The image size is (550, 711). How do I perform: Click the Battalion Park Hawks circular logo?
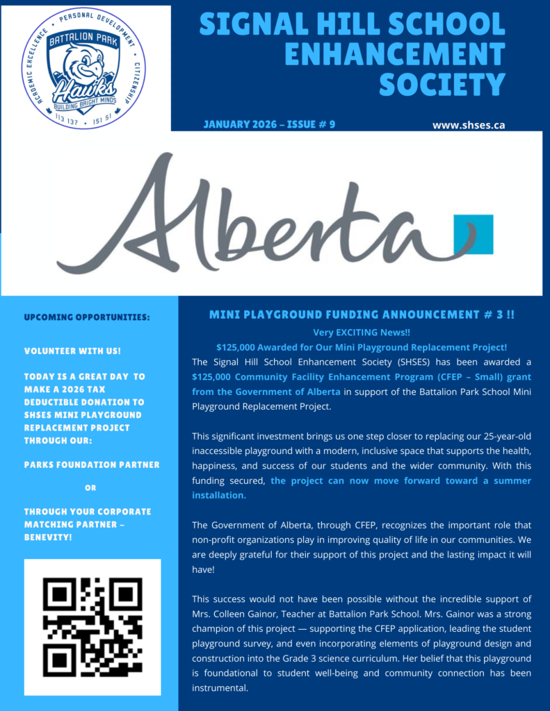coord(83,69)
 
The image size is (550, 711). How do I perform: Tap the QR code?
coord(92,627)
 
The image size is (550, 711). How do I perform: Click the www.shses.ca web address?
coord(468,125)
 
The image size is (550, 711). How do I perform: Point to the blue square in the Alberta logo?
coord(474,235)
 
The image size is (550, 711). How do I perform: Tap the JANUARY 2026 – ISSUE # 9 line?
coord(269,125)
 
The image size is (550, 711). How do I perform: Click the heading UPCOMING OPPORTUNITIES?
coord(87,317)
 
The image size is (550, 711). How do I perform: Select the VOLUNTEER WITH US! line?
coord(72,351)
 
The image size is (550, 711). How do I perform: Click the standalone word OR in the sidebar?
coord(90,487)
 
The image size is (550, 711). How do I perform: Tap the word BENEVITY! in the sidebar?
coord(48,537)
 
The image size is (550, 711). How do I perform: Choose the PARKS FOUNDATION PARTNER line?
coord(92,465)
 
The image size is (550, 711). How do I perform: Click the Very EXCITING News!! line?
coord(362,333)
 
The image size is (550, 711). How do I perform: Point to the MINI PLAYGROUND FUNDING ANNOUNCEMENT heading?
coord(362,315)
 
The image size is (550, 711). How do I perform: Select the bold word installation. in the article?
coord(219,496)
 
